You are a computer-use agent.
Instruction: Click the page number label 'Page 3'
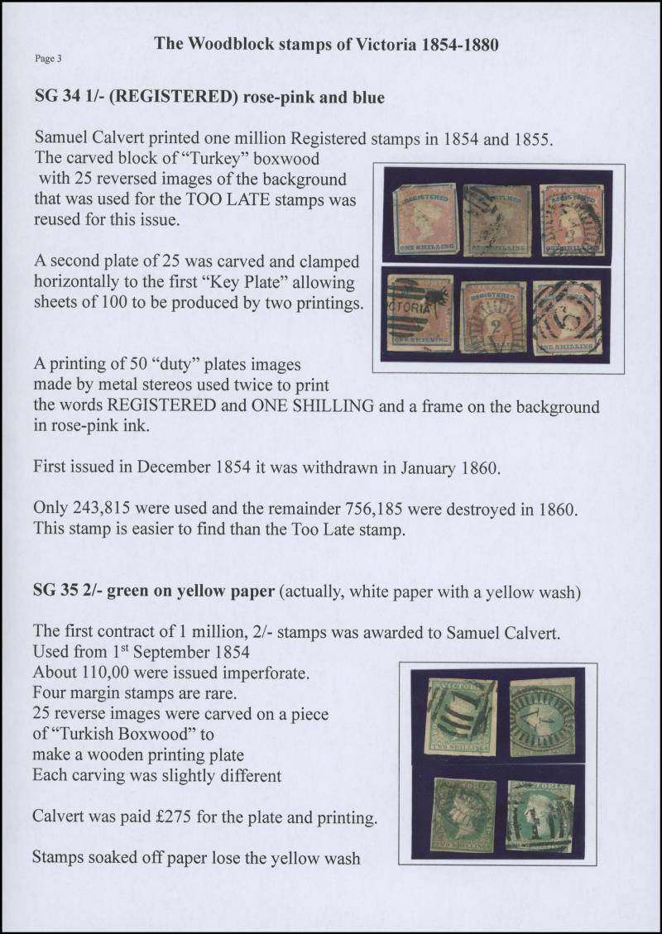click(47, 59)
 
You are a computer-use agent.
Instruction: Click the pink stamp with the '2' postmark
click(492, 315)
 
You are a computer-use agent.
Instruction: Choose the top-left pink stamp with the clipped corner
click(423, 218)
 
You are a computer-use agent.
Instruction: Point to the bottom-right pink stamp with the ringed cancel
click(567, 315)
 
